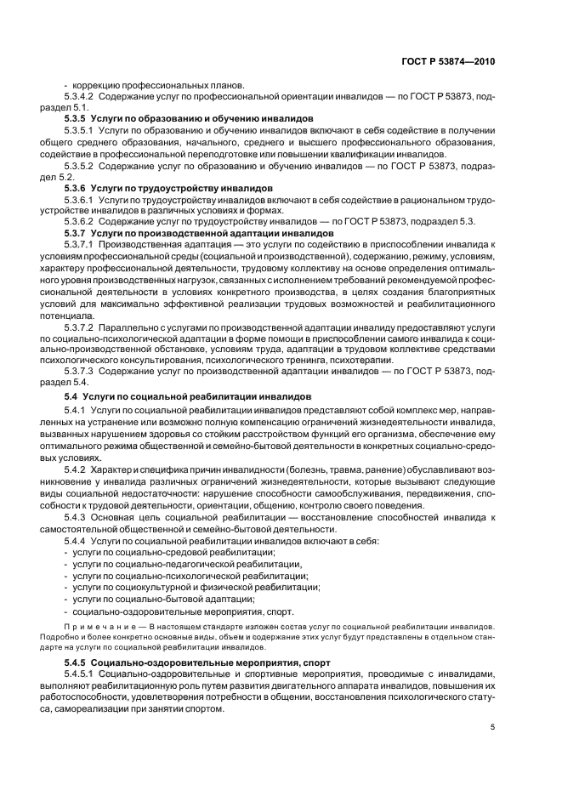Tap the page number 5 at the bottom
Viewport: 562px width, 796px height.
[x=493, y=727]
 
